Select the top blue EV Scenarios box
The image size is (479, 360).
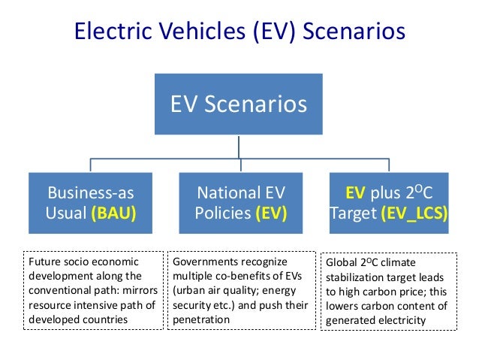239,104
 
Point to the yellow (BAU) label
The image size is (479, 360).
114,213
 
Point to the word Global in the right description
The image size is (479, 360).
342,264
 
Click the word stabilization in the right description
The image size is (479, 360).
354,278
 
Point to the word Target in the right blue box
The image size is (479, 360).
353,213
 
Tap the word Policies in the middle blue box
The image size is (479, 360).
222,213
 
